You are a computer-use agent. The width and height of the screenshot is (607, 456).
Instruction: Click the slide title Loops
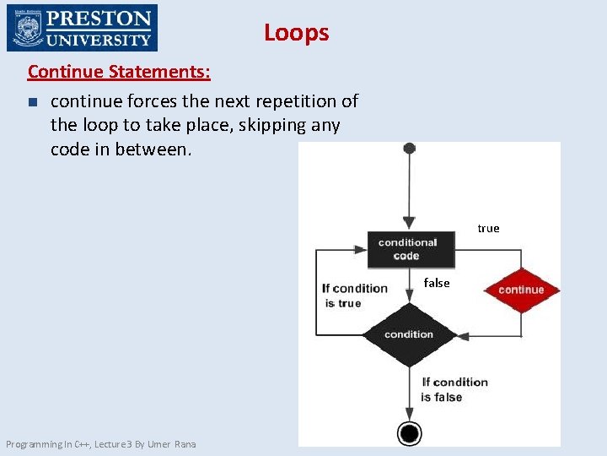(x=296, y=33)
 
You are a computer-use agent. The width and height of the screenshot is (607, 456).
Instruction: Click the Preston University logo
(x=82, y=28)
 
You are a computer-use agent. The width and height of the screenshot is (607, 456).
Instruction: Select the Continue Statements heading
(x=119, y=71)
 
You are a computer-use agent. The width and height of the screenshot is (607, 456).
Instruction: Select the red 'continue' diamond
(x=521, y=290)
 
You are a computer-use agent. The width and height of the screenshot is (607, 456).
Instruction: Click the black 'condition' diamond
(x=409, y=334)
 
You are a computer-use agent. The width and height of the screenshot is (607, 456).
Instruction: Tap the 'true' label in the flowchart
(x=488, y=228)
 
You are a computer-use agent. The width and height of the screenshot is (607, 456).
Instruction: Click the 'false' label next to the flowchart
(x=437, y=283)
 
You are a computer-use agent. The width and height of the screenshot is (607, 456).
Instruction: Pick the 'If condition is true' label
(x=354, y=296)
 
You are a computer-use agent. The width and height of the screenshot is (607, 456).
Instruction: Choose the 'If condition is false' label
(x=454, y=389)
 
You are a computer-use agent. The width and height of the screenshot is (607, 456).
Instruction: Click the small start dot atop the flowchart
(x=409, y=149)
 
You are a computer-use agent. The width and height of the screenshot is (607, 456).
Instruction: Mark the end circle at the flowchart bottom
(x=410, y=433)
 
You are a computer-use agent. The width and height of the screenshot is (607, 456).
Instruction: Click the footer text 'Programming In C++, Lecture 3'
(x=71, y=444)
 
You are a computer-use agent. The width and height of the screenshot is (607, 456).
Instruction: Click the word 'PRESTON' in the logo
(x=99, y=19)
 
